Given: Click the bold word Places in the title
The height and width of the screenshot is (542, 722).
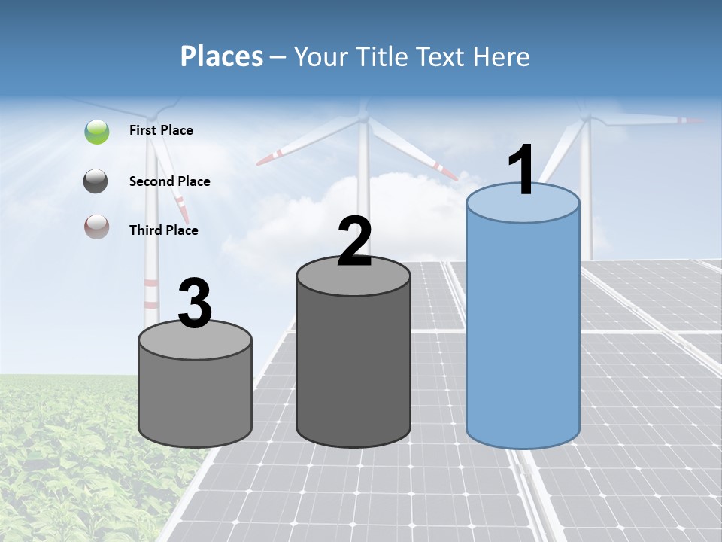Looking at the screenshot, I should [x=222, y=56].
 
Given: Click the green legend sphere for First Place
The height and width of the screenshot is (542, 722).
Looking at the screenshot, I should [x=97, y=132].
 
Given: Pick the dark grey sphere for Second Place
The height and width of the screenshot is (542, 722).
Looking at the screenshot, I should [x=97, y=181].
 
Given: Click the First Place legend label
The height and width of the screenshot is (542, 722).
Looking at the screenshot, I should [x=161, y=130].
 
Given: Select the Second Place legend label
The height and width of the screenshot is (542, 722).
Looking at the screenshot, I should [x=169, y=181].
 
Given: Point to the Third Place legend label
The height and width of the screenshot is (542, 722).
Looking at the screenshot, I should [x=163, y=230].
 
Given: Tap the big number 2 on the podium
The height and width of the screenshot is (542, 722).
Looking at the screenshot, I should [x=354, y=242].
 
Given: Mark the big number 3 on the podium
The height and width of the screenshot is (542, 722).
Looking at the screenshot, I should [x=195, y=303].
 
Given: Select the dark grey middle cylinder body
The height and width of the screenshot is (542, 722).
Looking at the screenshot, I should [x=353, y=361].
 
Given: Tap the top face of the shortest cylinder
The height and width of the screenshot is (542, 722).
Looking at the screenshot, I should [x=195, y=339].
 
